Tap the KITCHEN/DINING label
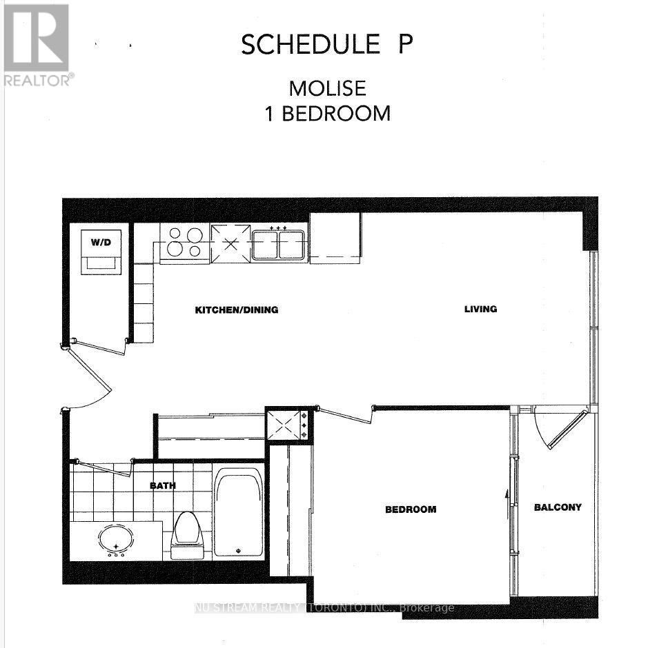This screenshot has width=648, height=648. tap(236, 310)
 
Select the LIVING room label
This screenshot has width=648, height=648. tap(480, 309)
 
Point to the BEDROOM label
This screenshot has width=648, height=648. tap(411, 509)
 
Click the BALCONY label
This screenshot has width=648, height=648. tap(558, 507)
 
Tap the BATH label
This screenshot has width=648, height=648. tap(163, 485)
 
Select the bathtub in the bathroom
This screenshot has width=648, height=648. tap(238, 512)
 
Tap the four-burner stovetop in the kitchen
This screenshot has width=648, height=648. tap(184, 243)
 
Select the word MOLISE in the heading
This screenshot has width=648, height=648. tap(327, 89)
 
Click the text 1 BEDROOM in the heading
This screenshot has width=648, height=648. tap(328, 113)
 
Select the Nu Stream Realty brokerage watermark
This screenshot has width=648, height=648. tap(324, 608)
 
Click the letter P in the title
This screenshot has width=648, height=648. tap(406, 45)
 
